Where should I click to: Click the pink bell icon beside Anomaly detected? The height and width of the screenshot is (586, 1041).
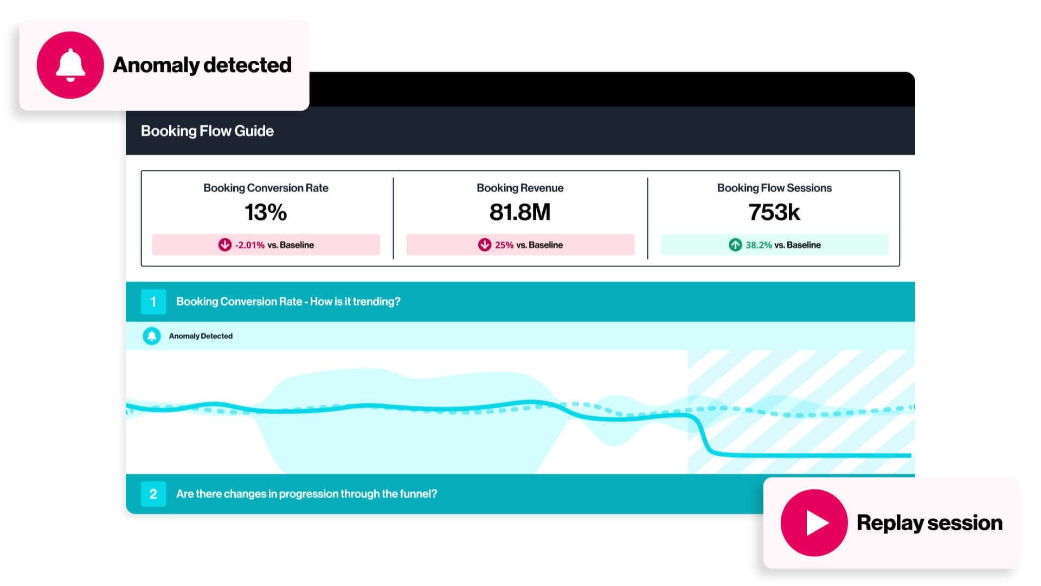click(70, 65)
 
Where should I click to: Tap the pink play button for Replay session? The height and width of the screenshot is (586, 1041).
click(814, 523)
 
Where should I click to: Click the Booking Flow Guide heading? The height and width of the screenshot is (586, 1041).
click(207, 131)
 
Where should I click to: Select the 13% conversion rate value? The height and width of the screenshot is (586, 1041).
click(266, 212)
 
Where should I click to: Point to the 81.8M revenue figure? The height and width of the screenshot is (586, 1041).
click(519, 212)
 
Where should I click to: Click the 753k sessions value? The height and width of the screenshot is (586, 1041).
click(774, 212)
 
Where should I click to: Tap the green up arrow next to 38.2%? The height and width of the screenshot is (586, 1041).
click(735, 245)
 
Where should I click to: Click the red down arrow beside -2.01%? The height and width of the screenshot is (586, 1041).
click(224, 245)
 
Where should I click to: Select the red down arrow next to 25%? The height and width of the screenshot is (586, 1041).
click(484, 245)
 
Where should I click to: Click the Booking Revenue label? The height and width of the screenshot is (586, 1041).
click(520, 188)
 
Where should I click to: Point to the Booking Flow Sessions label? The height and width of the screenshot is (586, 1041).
click(774, 188)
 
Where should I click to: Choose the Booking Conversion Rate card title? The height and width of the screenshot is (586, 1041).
click(266, 188)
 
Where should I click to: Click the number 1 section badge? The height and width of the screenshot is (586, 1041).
click(153, 302)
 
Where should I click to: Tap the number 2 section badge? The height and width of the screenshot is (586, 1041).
click(153, 494)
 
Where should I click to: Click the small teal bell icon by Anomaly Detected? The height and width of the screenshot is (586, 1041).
click(152, 336)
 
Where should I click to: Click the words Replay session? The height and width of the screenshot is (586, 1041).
click(929, 523)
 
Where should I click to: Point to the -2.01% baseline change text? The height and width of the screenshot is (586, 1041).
click(250, 245)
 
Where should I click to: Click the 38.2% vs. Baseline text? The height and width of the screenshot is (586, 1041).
click(783, 245)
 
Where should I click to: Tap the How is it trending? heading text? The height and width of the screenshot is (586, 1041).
click(355, 302)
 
